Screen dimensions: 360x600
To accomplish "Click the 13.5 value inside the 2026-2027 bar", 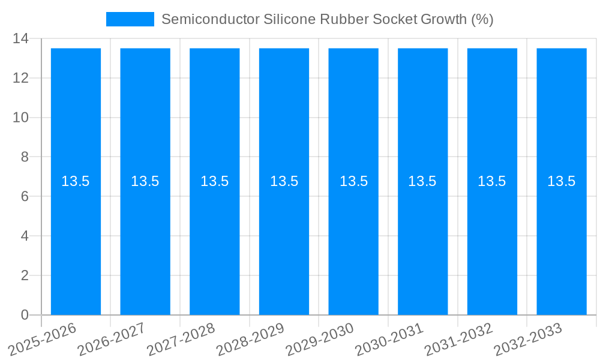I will [145, 181].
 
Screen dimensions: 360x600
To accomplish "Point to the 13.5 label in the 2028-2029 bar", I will [284, 181].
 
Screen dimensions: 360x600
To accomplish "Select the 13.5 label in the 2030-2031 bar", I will [422, 181].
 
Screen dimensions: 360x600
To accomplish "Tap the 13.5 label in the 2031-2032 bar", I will [492, 181].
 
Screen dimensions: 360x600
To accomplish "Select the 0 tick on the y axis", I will [25, 315].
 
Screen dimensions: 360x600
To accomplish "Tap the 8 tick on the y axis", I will [25, 157].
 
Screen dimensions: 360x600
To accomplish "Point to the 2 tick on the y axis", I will [25, 275].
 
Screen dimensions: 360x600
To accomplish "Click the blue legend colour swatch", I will [130, 19].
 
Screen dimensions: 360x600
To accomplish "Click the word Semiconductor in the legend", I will [210, 19].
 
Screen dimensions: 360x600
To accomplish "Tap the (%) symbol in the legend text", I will [482, 19].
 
